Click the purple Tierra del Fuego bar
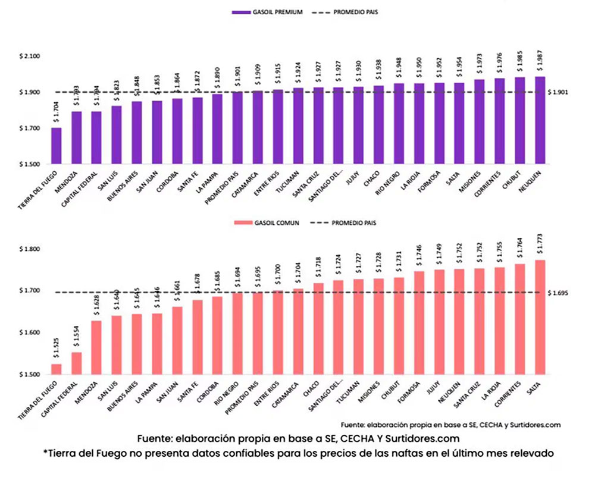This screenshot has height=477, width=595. point(56,146)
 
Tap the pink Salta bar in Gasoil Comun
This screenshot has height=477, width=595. point(540,317)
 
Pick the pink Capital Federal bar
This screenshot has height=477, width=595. point(76,363)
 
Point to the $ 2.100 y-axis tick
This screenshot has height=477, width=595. point(29,57)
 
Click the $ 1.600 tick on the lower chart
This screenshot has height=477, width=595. point(29,333)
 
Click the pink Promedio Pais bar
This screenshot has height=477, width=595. point(258,334)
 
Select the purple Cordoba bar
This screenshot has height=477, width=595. point(177,131)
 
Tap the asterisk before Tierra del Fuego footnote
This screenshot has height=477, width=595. point(45,452)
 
